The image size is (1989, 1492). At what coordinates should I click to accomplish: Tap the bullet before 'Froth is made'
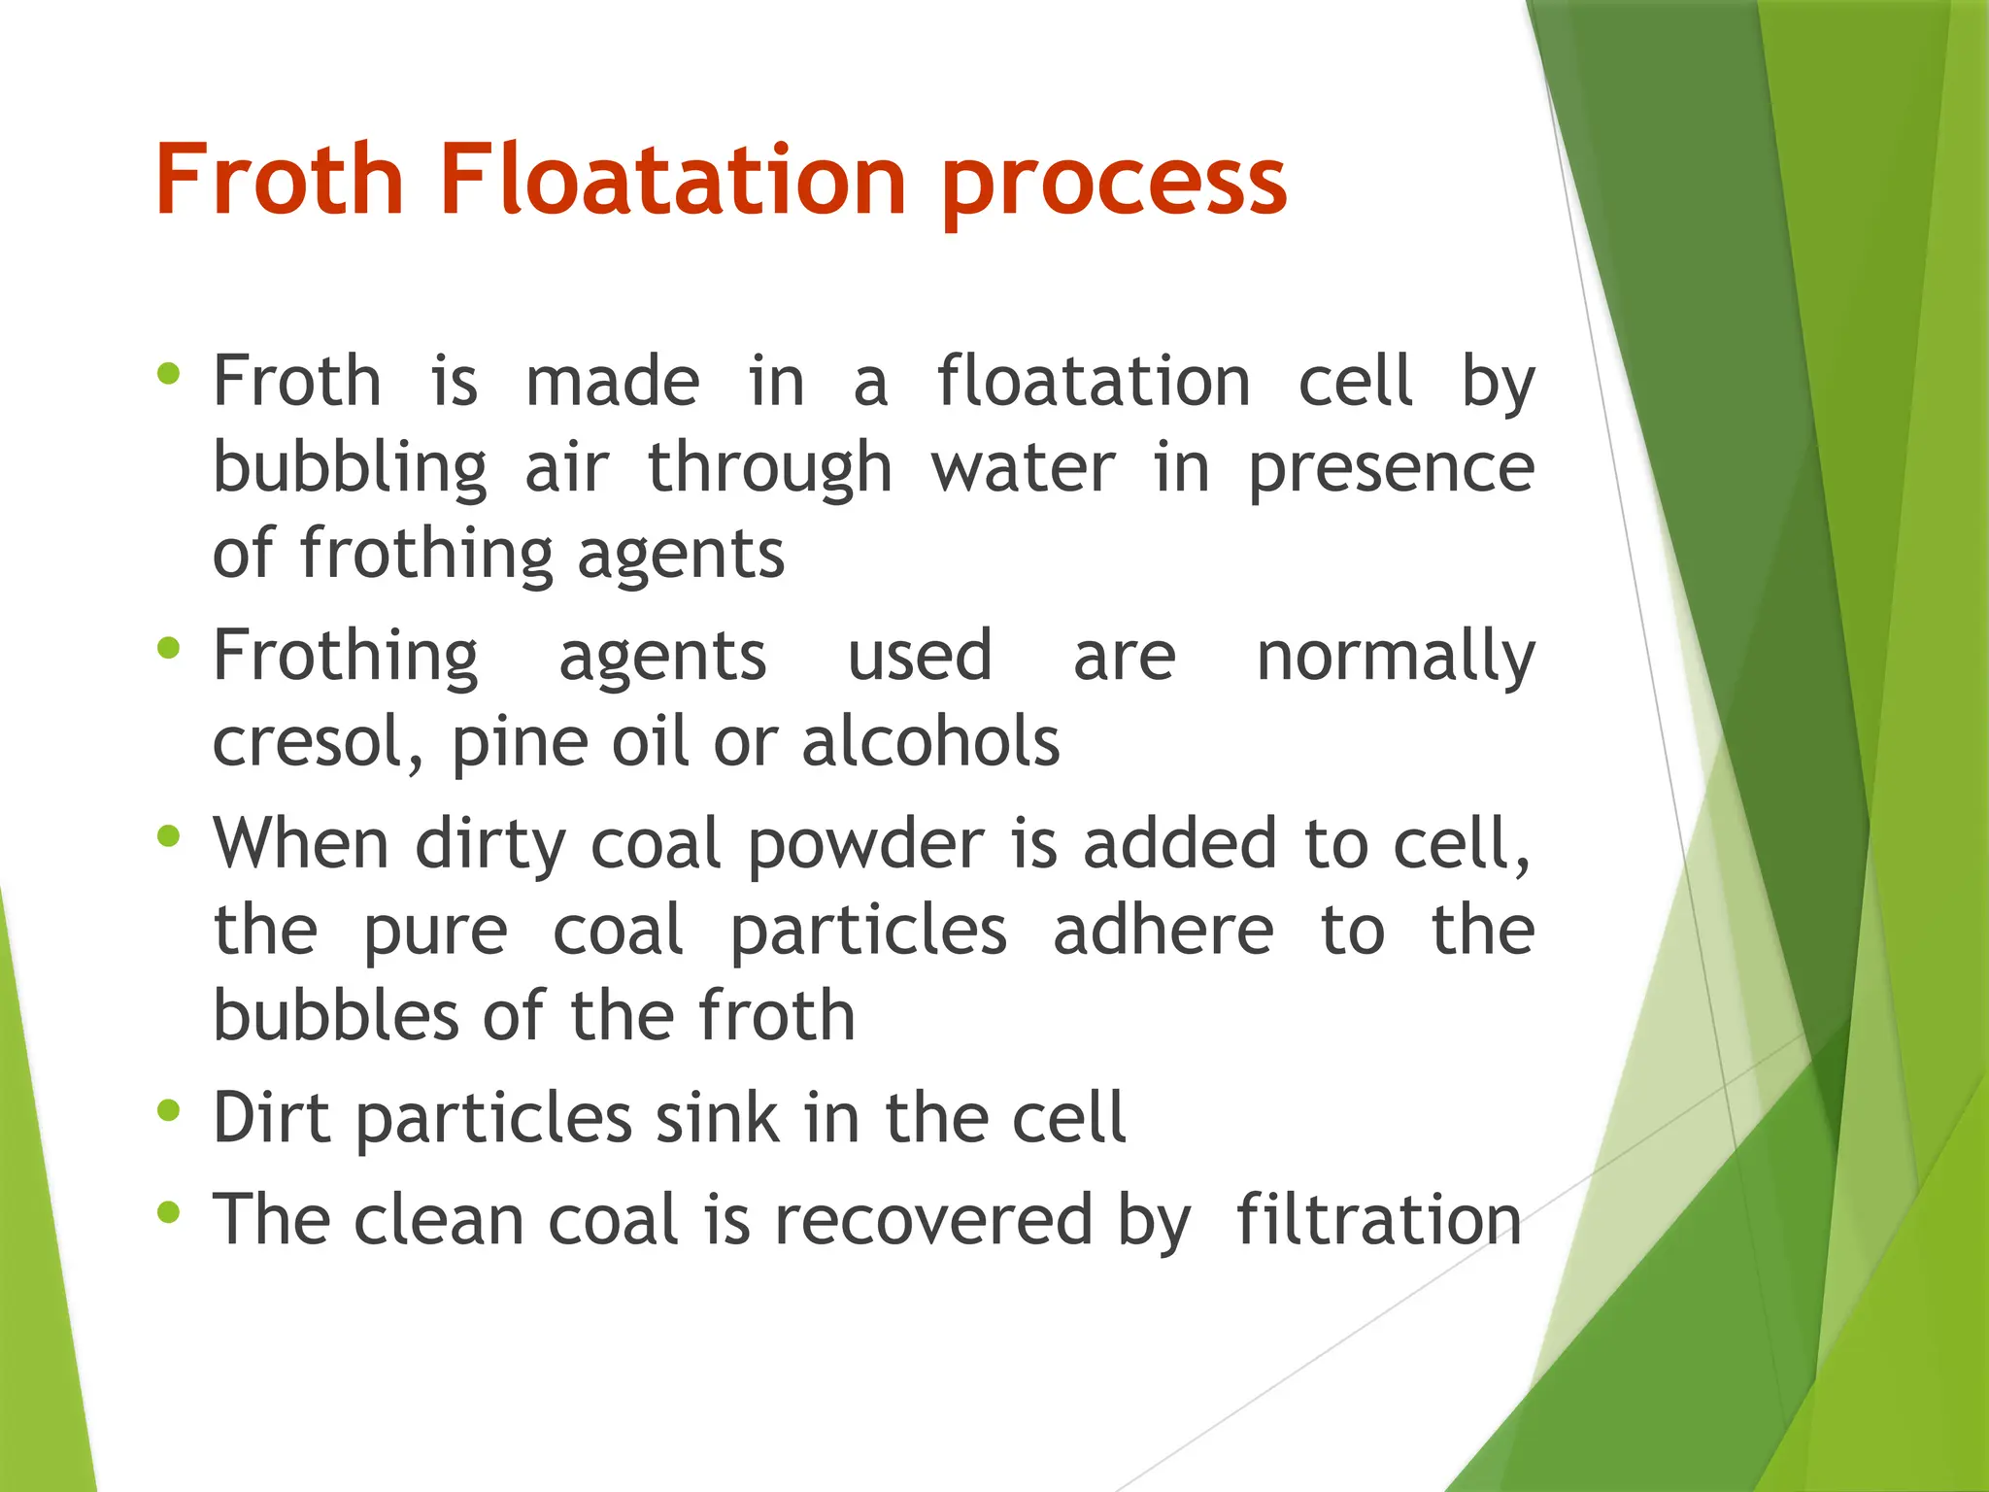click(x=168, y=374)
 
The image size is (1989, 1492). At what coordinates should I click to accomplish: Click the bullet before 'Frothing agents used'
click(x=168, y=648)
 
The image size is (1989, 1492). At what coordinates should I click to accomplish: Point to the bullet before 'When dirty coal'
click(x=168, y=836)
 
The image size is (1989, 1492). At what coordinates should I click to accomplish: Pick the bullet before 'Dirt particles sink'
click(x=168, y=1110)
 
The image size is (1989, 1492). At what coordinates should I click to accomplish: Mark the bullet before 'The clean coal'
click(x=168, y=1212)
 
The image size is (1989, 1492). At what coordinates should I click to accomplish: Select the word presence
click(x=1391, y=470)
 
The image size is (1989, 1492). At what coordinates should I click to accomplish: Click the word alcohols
click(x=930, y=743)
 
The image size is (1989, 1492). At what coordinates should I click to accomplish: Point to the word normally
click(x=1396, y=658)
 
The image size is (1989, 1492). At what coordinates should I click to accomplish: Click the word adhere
click(x=1163, y=931)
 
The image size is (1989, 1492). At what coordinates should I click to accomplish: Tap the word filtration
click(x=1378, y=1220)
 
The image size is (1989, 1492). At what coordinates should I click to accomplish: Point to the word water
click(x=1024, y=470)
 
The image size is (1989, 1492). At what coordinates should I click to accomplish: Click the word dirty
click(x=490, y=845)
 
